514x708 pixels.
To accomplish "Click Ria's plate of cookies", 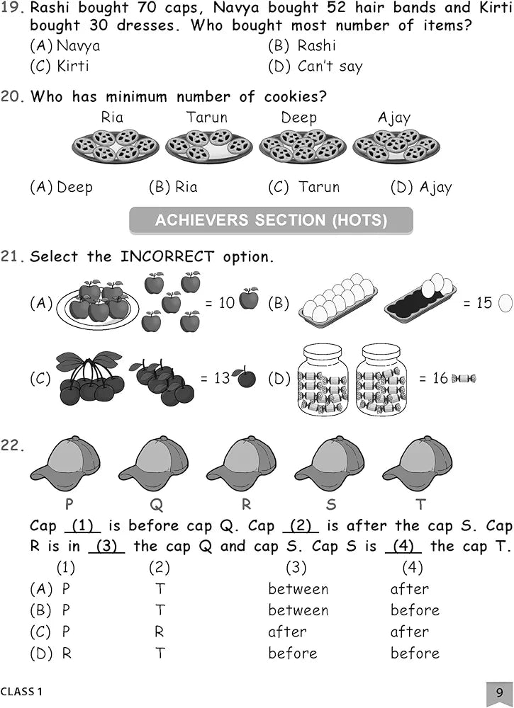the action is point(116,145).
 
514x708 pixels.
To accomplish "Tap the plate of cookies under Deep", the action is point(303,145).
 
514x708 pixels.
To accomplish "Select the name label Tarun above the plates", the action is point(207,118).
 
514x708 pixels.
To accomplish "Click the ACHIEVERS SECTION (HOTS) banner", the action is point(272,220).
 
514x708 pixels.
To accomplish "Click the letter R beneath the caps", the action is point(247,504).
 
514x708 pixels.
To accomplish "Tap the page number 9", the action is point(499,693).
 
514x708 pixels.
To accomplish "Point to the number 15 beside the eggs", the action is point(484,302).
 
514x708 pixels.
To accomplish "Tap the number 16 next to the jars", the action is point(440,378).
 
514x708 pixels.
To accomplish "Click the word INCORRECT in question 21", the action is point(167,256).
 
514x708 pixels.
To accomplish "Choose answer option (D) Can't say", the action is point(315,67).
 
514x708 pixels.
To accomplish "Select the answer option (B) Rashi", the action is point(302,45).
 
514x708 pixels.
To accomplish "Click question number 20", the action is point(12,96).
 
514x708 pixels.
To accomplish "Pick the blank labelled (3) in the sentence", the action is point(106,547).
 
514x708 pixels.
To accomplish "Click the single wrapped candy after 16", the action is point(464,378).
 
